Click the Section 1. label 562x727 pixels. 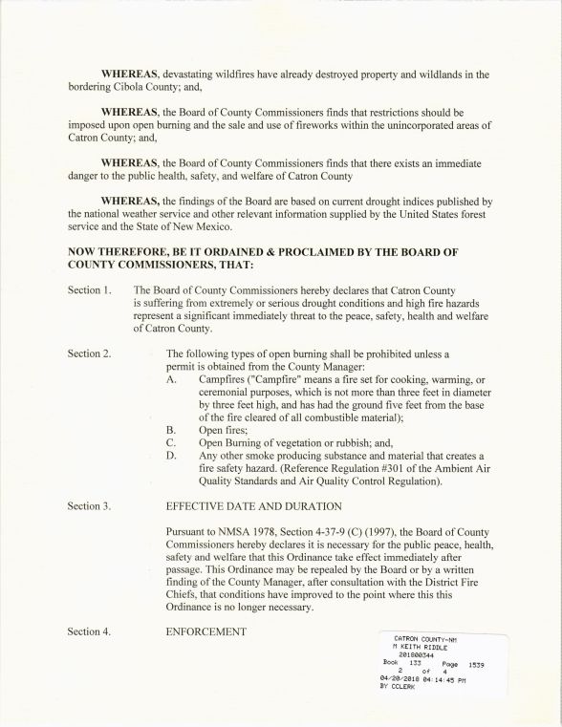pyautogui.click(x=89, y=289)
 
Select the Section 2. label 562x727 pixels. pyautogui.click(x=89, y=353)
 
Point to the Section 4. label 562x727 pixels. pyautogui.click(x=89, y=631)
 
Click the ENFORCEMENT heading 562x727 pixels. pyautogui.click(x=206, y=631)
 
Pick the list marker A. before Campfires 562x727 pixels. pyautogui.click(x=172, y=379)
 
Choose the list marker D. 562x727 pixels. pyautogui.click(x=172, y=456)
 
